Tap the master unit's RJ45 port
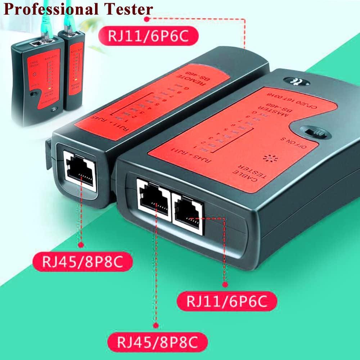[154, 199]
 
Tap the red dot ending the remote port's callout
[81, 245]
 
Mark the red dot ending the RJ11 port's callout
[226, 284]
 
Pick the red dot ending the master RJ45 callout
[156, 325]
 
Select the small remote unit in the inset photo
[74, 70]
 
